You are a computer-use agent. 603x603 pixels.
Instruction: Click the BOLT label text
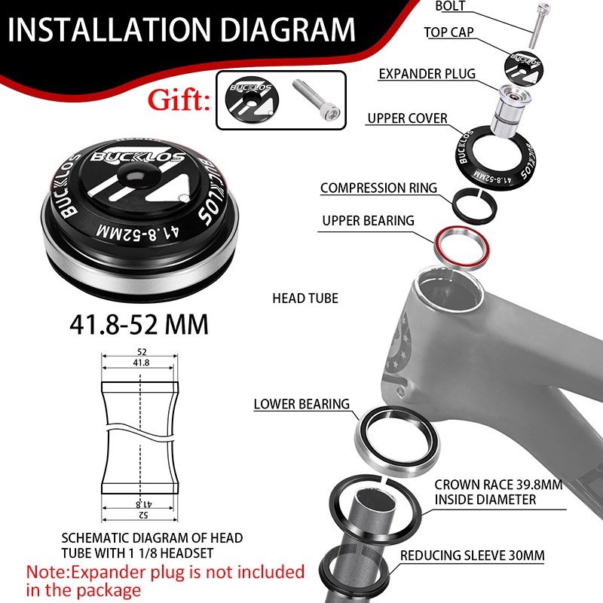pyautogui.click(x=450, y=6)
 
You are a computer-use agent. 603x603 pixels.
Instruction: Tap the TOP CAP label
pyautogui.click(x=448, y=32)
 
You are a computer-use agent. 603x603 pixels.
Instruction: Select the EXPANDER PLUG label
pyautogui.click(x=427, y=74)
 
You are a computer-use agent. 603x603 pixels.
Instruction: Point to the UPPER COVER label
pyautogui.click(x=407, y=118)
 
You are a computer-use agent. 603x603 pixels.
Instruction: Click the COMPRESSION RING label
pyautogui.click(x=378, y=188)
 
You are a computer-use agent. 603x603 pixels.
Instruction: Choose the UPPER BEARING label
pyautogui.click(x=368, y=221)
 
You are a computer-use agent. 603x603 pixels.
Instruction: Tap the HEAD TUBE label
pyautogui.click(x=305, y=298)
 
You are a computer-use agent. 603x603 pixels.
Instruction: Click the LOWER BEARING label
pyautogui.click(x=301, y=404)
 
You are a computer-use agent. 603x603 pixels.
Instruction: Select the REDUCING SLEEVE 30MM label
pyautogui.click(x=473, y=556)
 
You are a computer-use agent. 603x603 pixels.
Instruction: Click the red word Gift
pyautogui.click(x=179, y=100)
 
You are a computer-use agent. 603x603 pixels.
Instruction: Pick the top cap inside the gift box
pyautogui.click(x=252, y=100)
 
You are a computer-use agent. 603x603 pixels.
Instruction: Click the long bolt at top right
pyautogui.click(x=537, y=24)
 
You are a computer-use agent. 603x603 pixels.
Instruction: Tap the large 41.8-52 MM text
pyautogui.click(x=139, y=324)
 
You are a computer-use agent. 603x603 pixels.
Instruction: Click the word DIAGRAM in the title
pyautogui.click(x=288, y=29)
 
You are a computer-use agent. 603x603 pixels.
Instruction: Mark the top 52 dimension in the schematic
pyautogui.click(x=142, y=351)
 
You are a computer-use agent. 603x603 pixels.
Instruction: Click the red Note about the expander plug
pyautogui.click(x=165, y=580)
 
